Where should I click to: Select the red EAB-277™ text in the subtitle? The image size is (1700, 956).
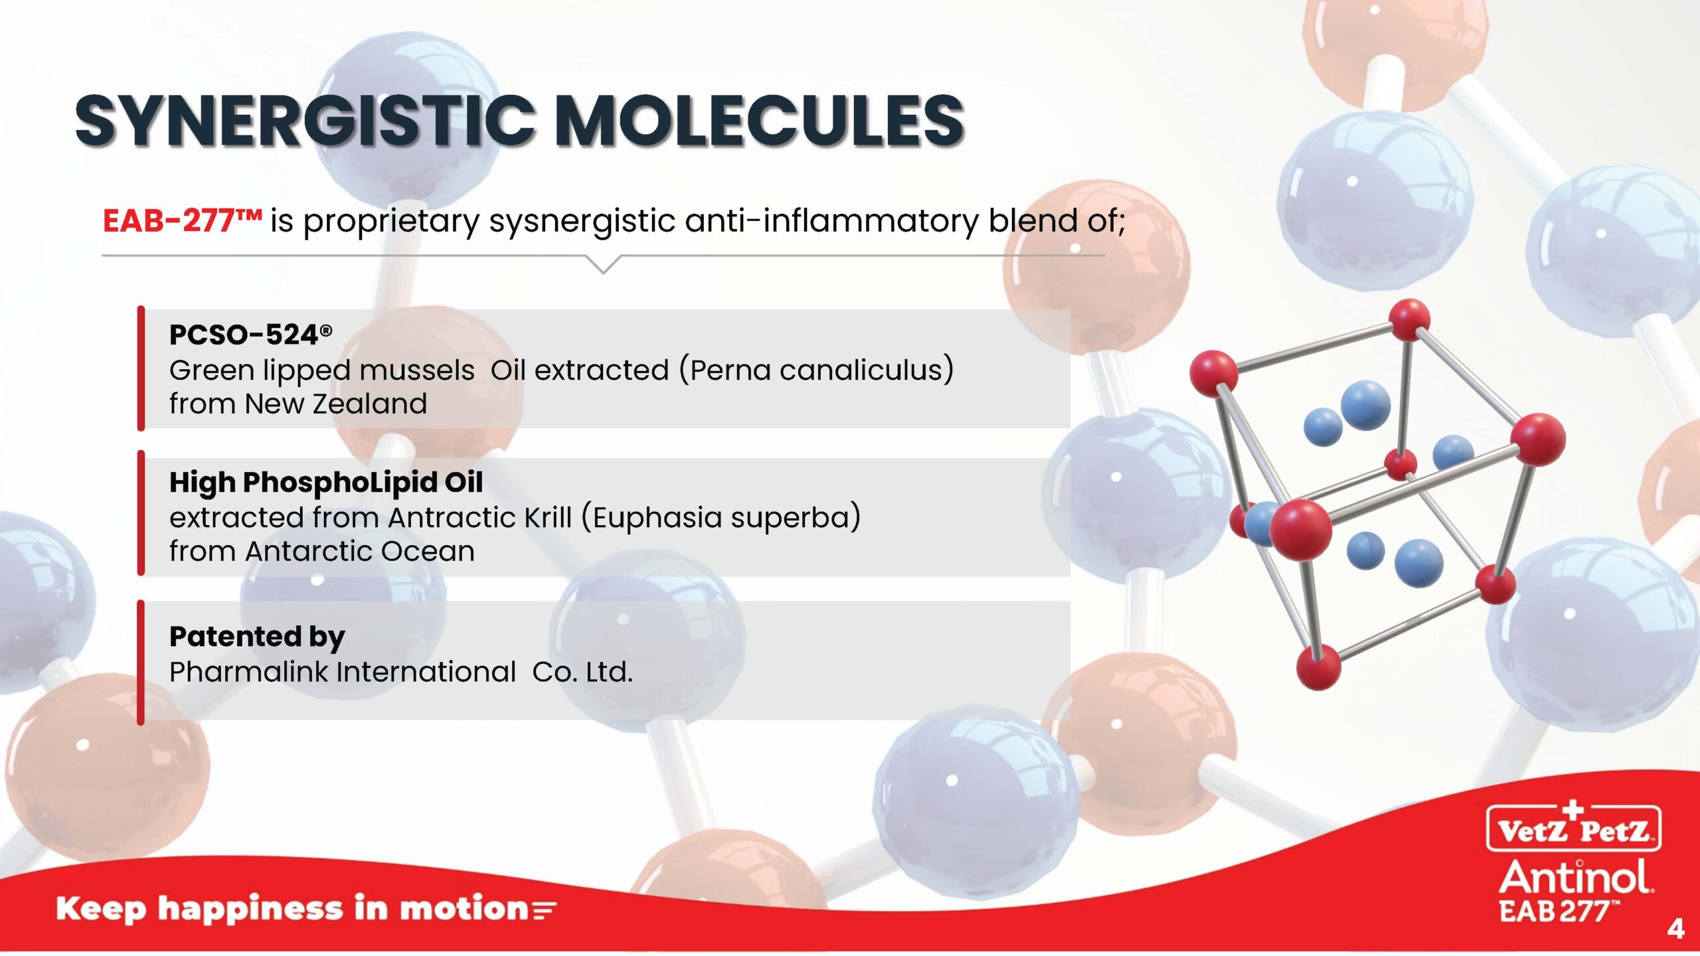pos(183,220)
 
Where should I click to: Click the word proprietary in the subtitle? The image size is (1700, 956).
pos(391,222)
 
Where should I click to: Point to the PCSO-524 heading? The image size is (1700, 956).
pos(250,335)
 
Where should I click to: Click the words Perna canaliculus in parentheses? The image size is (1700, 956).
pos(816,370)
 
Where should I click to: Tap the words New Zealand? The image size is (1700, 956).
pos(336,404)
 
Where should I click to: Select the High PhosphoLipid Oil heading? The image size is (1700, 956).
pos(326,483)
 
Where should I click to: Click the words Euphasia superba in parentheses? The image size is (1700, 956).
pos(721,517)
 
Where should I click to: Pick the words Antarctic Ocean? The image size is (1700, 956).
pos(360,551)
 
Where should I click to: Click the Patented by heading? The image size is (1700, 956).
pos(257,637)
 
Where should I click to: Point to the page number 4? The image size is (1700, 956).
pos(1675,928)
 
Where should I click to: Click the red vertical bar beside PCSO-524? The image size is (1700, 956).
pos(141,368)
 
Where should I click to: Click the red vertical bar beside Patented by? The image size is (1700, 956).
pos(141,662)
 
